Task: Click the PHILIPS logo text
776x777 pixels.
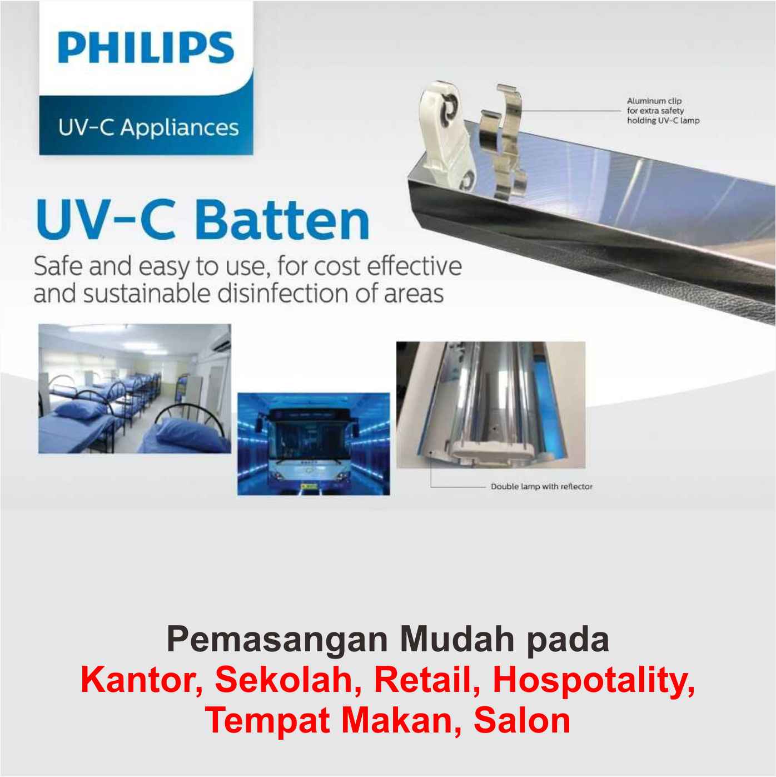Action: coord(146,48)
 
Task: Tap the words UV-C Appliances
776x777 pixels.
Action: coord(149,128)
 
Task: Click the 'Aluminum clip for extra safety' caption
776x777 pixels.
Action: coord(663,111)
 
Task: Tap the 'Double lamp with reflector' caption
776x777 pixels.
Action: coord(541,487)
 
